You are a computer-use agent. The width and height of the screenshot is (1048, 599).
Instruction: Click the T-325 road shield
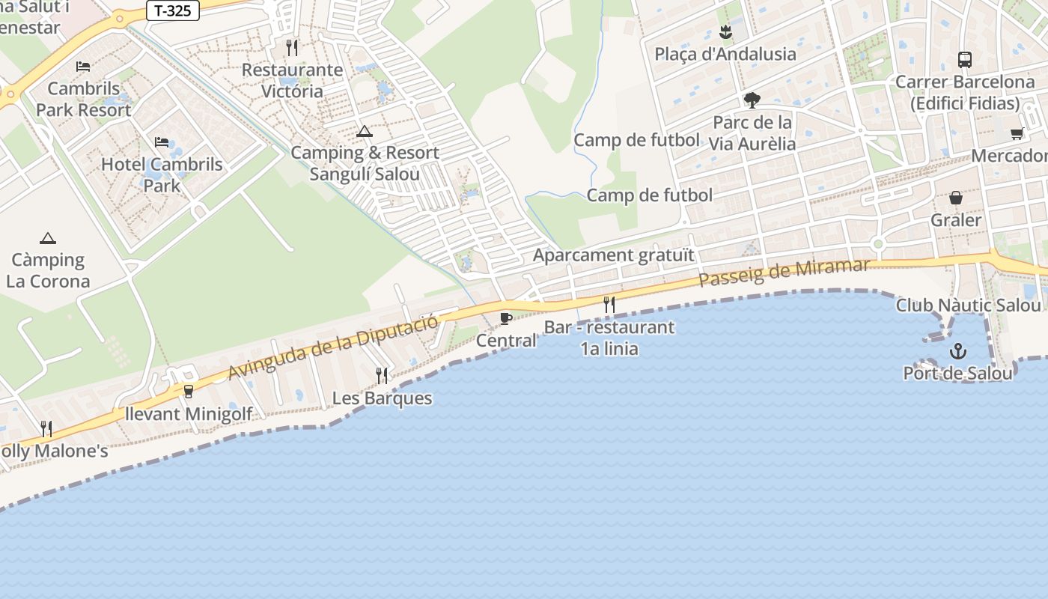click(173, 11)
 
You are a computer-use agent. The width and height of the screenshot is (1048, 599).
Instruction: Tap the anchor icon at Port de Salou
click(957, 350)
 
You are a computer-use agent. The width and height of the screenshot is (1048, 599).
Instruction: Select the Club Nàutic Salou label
click(968, 305)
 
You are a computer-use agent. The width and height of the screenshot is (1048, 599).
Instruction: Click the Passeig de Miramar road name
click(784, 273)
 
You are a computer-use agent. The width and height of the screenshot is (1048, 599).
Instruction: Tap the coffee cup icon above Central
click(506, 318)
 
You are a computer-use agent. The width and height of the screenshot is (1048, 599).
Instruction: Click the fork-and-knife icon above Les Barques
click(382, 375)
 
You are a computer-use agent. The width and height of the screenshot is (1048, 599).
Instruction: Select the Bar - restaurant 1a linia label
click(609, 338)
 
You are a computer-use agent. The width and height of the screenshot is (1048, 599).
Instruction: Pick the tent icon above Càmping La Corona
click(48, 238)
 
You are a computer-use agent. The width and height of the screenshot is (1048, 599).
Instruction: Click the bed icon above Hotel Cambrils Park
click(162, 142)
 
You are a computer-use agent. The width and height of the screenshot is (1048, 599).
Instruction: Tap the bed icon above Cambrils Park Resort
click(83, 67)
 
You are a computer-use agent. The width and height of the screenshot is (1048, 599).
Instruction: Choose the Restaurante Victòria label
click(292, 80)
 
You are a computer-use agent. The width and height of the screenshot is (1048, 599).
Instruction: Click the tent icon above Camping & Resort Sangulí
click(365, 131)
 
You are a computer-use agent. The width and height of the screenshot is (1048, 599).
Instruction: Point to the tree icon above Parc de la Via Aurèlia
click(752, 100)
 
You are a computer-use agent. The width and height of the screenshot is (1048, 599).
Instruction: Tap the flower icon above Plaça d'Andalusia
click(725, 32)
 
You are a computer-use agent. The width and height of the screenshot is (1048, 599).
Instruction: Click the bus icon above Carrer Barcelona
click(965, 60)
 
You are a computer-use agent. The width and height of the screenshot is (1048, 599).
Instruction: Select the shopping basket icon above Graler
click(956, 198)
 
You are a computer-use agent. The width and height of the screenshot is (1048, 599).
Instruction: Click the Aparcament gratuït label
click(613, 255)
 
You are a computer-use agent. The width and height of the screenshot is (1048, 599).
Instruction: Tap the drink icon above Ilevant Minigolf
click(188, 392)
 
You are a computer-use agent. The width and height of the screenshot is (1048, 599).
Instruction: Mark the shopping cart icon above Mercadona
click(1017, 134)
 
